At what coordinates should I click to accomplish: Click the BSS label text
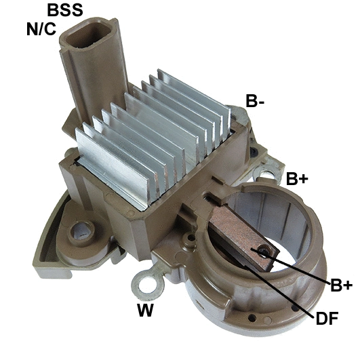pos(65,10)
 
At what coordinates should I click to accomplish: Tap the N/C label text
pos(40,30)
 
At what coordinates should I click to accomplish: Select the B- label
pos(255,102)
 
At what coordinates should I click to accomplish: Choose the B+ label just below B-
pos(297,180)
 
